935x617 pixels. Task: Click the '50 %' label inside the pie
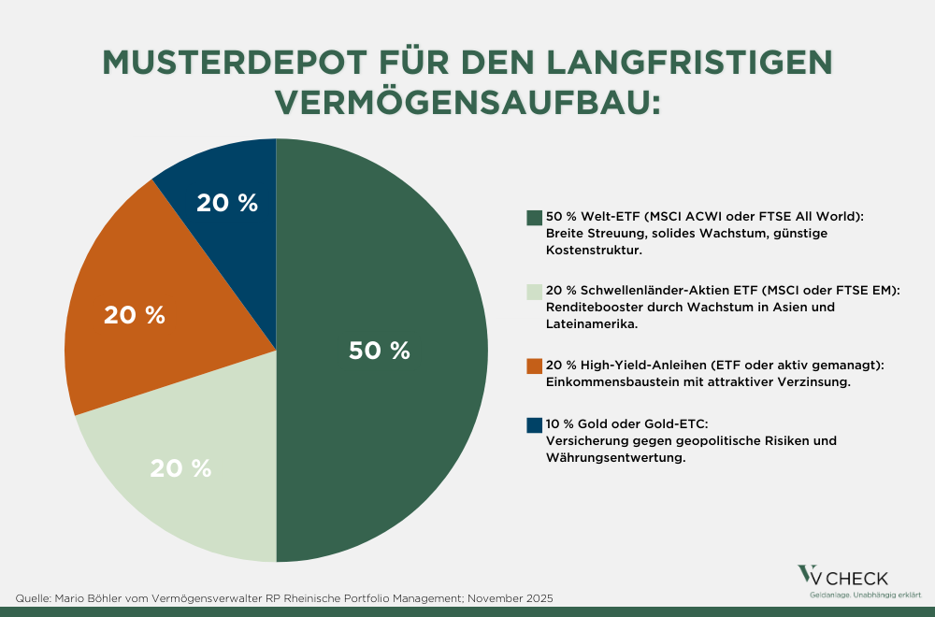point(380,351)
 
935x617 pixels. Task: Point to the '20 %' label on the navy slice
point(227,203)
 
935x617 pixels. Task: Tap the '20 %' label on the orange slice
point(135,316)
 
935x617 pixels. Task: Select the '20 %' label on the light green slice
point(181,468)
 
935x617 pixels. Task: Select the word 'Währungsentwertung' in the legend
point(609,457)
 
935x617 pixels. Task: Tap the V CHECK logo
point(841,579)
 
